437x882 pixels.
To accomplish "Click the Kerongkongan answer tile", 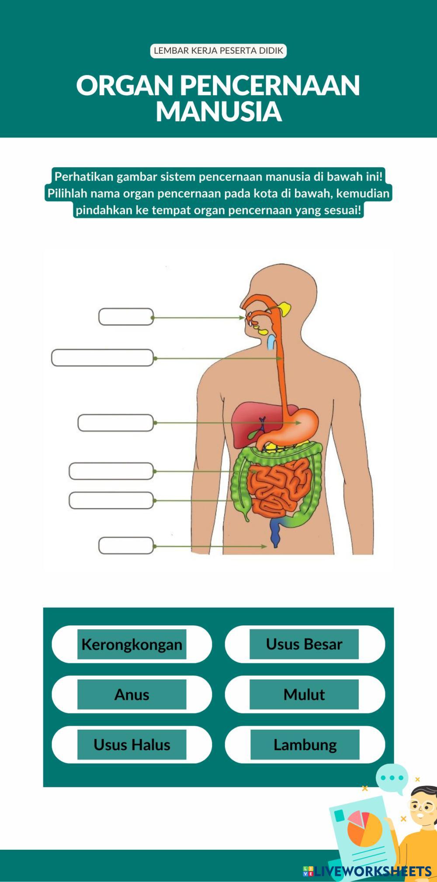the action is pyautogui.click(x=132, y=644).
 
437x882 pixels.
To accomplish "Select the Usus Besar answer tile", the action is pyautogui.click(x=304, y=644).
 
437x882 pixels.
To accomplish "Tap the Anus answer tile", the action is pyautogui.click(x=132, y=694).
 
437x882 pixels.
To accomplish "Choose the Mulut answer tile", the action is pyautogui.click(x=304, y=694).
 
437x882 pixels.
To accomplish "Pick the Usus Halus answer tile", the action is pyautogui.click(x=132, y=744).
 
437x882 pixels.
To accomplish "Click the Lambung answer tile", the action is pyautogui.click(x=305, y=744).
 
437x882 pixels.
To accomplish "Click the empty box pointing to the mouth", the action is pyautogui.click(x=126, y=317).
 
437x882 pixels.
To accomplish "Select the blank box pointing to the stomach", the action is pyautogui.click(x=115, y=423).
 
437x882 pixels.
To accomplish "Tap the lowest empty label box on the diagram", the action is pyautogui.click(x=126, y=546).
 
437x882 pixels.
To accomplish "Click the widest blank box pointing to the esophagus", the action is pyautogui.click(x=102, y=358).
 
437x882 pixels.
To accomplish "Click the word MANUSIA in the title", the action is pyautogui.click(x=218, y=111).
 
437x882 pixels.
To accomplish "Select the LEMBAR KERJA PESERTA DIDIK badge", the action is pyautogui.click(x=218, y=51).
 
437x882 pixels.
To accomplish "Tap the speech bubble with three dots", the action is pyautogui.click(x=392, y=778).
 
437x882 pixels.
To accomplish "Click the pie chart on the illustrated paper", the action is pyautogui.click(x=364, y=828).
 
